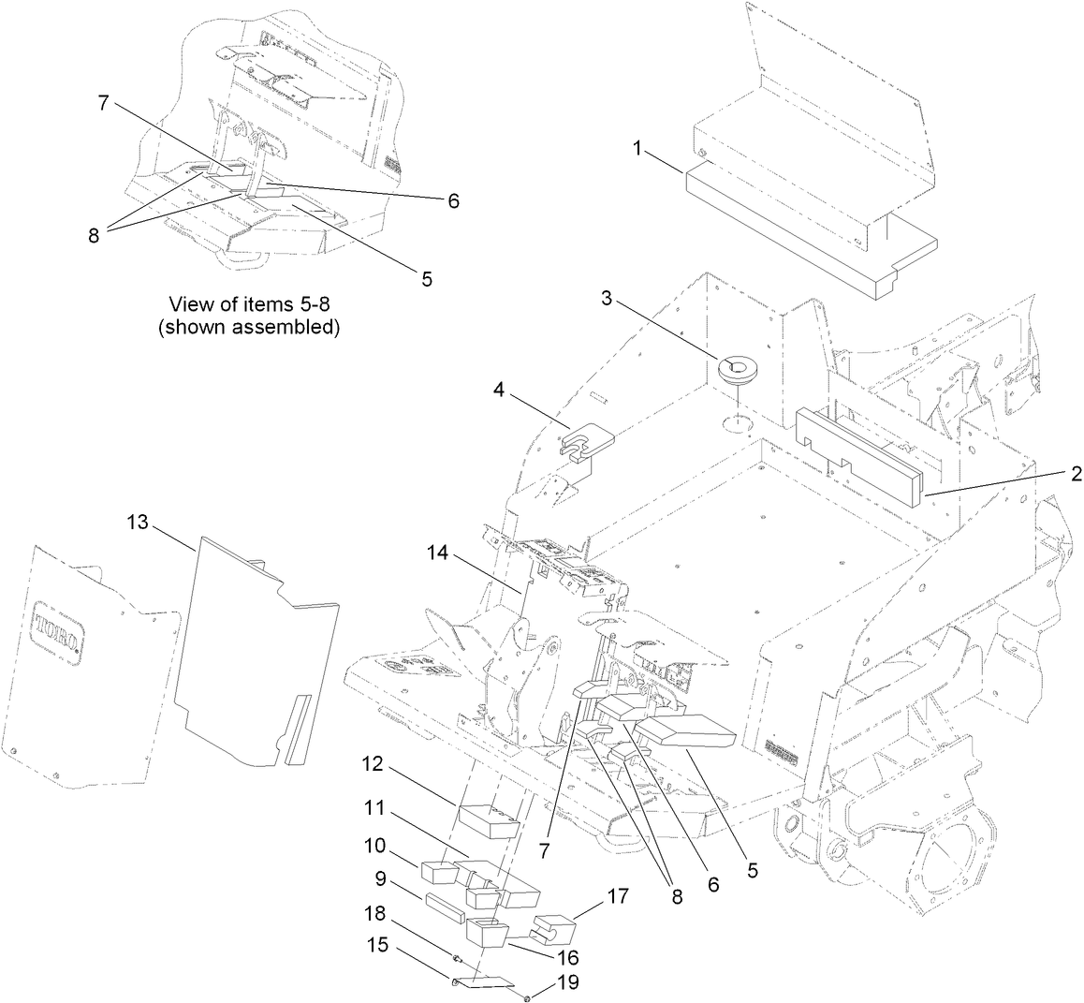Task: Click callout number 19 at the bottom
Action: (x=568, y=982)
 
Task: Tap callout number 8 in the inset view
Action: (x=94, y=236)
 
